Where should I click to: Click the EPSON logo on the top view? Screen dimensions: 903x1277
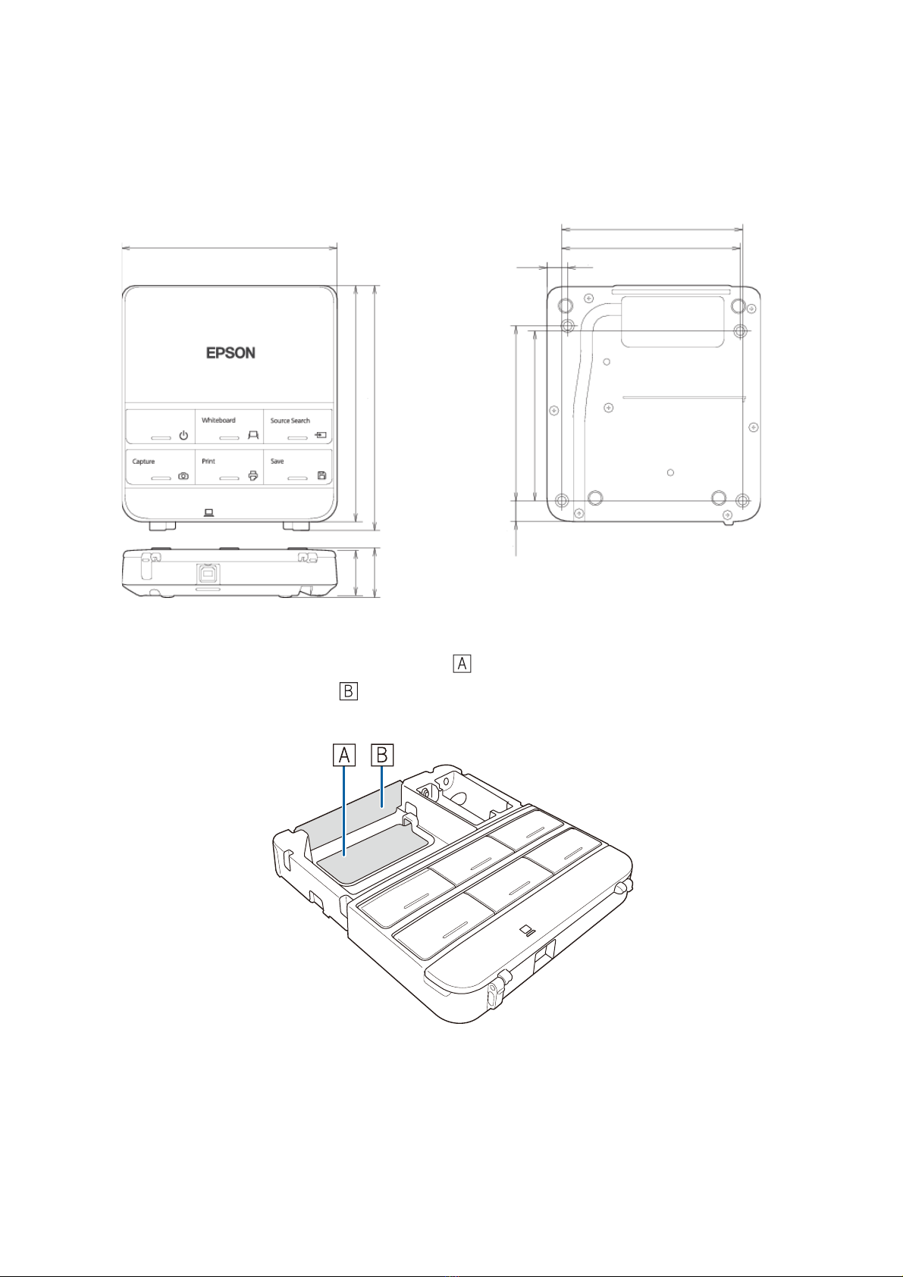click(x=230, y=353)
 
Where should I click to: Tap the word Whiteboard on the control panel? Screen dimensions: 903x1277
click(x=218, y=420)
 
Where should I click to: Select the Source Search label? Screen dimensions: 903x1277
click(x=290, y=421)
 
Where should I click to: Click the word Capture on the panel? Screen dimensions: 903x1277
click(x=144, y=462)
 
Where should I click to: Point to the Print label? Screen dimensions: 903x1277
click(x=209, y=462)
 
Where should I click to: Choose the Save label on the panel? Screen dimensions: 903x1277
click(x=277, y=462)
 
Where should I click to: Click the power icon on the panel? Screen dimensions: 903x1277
click(x=183, y=436)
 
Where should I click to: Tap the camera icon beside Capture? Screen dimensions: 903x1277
click(x=183, y=476)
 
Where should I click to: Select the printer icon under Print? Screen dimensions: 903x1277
click(x=253, y=476)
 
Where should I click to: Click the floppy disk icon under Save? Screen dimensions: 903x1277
click(x=321, y=475)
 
